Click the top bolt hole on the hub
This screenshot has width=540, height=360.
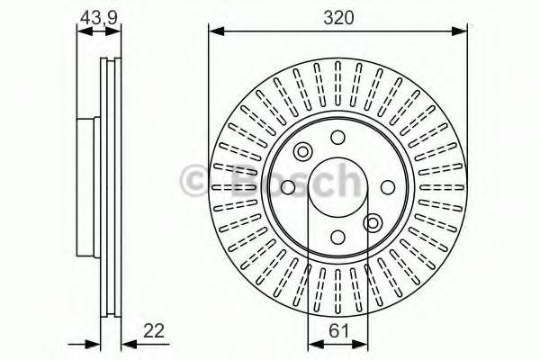coord(337,137)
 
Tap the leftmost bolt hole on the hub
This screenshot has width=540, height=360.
coord(287,187)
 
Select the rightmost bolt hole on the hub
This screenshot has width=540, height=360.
coord(389,187)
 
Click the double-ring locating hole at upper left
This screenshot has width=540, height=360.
coord(302,151)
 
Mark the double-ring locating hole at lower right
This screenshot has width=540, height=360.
coord(373,223)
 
